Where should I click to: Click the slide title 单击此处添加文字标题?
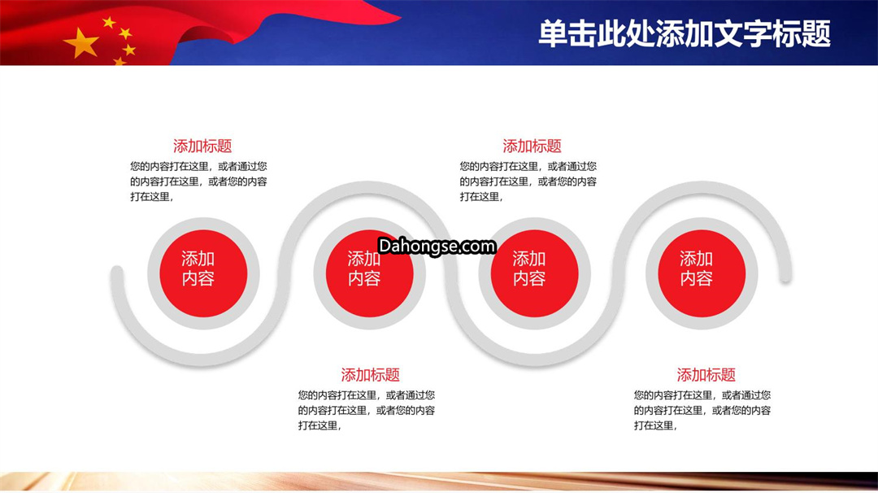685,33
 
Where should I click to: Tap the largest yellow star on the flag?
82,43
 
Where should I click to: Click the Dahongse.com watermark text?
437,246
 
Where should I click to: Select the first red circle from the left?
203,273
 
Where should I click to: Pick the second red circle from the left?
370,273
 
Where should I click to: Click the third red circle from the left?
535,273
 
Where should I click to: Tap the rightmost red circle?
702,273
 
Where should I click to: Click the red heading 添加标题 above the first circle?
202,146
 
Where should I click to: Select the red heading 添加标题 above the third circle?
532,146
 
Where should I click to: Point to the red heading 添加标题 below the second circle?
370,375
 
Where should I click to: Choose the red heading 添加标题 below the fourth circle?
706,375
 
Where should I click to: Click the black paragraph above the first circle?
199,181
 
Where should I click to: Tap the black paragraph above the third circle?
528,181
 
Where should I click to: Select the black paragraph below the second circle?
366,410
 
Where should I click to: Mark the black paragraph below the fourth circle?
702,410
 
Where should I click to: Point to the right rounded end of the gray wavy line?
785,276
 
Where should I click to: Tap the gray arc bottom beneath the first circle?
202,360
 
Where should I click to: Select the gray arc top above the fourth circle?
702,187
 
